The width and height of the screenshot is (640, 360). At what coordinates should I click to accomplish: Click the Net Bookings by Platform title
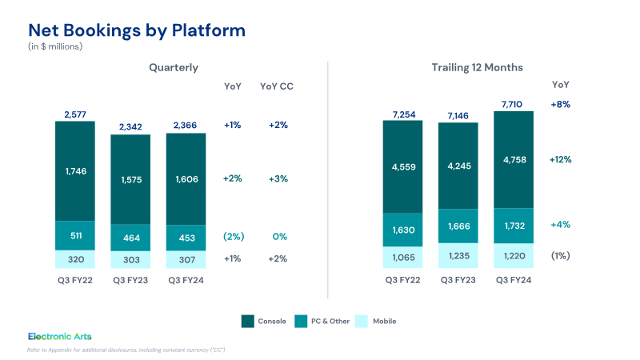coord(137,30)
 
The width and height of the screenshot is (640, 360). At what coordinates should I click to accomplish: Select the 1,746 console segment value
coord(74,170)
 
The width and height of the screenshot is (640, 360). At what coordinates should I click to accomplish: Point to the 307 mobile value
coord(186,258)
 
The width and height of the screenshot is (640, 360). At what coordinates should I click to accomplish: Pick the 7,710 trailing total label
coord(514,104)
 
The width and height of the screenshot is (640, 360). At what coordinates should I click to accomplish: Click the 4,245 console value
coord(458,167)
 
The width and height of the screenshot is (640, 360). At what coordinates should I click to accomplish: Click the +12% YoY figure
coord(560,159)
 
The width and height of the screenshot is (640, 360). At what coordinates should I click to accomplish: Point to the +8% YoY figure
coord(560,105)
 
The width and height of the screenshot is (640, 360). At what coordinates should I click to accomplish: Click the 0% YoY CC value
coord(279,237)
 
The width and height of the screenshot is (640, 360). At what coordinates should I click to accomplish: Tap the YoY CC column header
coord(278,86)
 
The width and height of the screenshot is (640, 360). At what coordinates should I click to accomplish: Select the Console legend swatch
coord(248,321)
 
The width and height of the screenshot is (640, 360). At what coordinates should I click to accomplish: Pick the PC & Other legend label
coord(327,321)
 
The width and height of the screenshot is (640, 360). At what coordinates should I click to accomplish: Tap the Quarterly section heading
coord(174,67)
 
